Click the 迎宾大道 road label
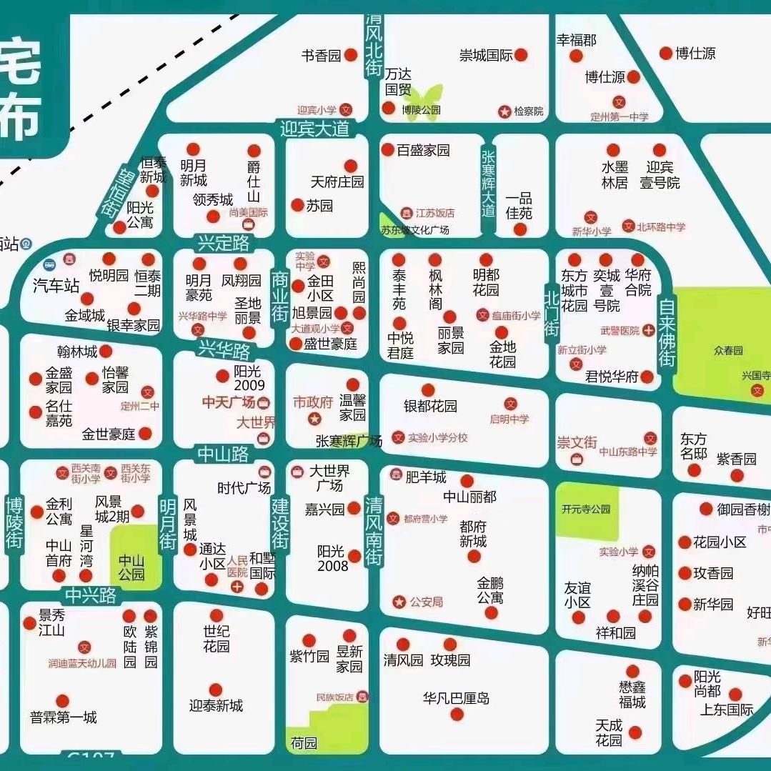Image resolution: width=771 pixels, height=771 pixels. [315, 129]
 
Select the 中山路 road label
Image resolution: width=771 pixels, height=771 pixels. [223, 453]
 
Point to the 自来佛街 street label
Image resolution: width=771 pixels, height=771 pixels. [667, 333]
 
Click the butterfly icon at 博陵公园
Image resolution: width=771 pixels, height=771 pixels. [422, 96]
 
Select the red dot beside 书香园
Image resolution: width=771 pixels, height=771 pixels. [351, 55]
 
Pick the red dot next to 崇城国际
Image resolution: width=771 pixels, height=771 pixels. [522, 55]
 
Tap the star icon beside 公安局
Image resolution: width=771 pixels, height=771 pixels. [399, 602]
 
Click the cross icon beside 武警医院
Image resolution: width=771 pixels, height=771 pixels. [648, 330]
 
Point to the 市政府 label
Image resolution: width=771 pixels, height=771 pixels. [313, 402]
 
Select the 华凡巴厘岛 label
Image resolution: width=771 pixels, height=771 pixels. [456, 698]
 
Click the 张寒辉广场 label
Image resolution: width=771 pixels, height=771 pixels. [349, 441]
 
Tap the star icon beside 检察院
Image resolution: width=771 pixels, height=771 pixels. [504, 111]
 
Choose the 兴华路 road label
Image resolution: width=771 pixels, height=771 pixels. [225, 351]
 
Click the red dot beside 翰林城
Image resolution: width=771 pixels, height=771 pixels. [105, 351]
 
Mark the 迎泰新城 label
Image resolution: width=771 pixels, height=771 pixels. [216, 705]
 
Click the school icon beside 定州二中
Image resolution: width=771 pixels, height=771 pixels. [148, 392]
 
